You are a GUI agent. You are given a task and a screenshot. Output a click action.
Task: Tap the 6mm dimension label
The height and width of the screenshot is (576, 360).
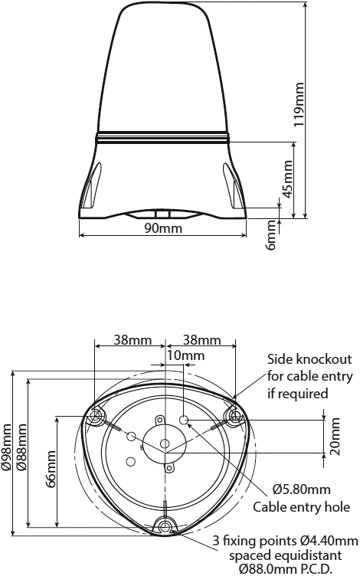coord(270,235)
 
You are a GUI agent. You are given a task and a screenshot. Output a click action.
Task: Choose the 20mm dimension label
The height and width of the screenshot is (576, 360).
coord(334,436)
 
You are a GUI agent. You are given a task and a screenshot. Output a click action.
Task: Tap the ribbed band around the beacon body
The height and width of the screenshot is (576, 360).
coord(162,137)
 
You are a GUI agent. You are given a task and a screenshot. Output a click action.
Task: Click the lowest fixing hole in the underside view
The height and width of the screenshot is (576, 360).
coord(165,526)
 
